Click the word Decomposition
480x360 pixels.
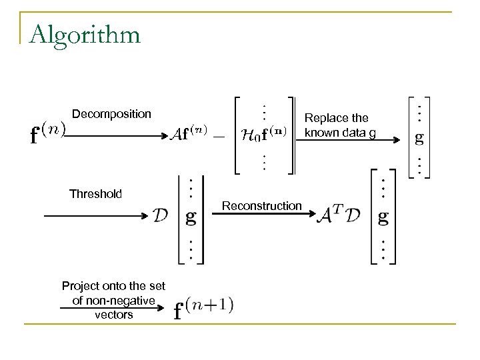coord(111,114)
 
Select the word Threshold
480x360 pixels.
coord(96,194)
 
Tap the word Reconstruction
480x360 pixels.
coord(262,206)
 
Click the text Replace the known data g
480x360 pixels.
coord(340,125)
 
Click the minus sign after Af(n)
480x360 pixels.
coord(220,134)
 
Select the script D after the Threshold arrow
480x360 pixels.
coord(161,216)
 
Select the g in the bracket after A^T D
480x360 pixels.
coord(382,217)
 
